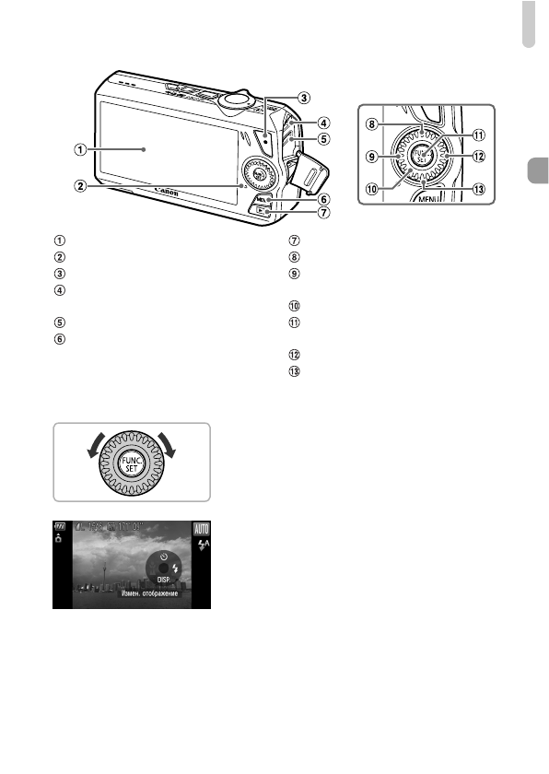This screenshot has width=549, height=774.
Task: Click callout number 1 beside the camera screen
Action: (x=82, y=148)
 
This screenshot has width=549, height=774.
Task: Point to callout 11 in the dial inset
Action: (x=478, y=134)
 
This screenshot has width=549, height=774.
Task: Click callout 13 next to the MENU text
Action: (x=478, y=190)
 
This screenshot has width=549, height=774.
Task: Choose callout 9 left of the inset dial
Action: (x=373, y=156)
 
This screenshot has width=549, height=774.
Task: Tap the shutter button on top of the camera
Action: (x=237, y=96)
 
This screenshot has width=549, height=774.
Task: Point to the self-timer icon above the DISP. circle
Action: (x=162, y=557)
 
